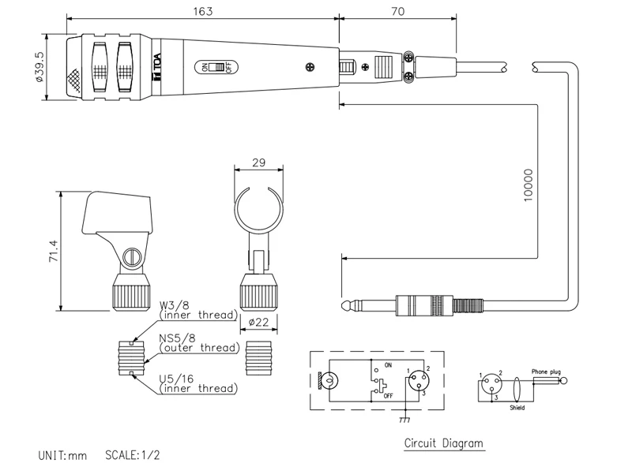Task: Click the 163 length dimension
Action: point(202,10)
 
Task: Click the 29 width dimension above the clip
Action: point(258,162)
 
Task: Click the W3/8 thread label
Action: point(175,304)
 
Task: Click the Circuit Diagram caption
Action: point(442,443)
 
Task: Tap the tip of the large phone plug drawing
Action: point(345,304)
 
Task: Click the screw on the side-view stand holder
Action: point(133,256)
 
